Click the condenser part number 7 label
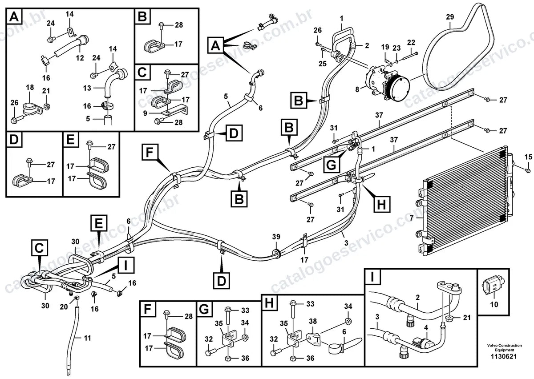click(411, 218)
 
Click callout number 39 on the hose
click(276, 237)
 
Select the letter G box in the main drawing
click(332, 165)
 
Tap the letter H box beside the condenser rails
click(382, 204)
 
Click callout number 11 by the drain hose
click(87, 338)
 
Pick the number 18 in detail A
click(30, 87)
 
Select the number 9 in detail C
click(145, 113)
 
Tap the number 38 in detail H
click(313, 321)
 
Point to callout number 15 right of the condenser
click(528, 157)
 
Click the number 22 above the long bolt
click(411, 43)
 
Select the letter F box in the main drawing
click(149, 152)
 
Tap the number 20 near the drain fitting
click(64, 307)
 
